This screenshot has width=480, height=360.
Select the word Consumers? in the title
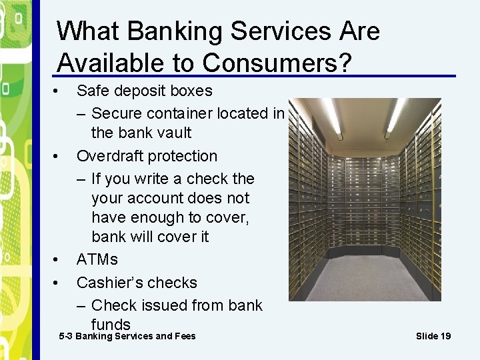pyautogui.click(x=277, y=63)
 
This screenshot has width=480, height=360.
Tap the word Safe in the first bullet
pyautogui.click(x=91, y=91)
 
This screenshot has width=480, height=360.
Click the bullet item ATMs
pyautogui.click(x=97, y=259)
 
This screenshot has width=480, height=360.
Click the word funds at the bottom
pyautogui.click(x=111, y=324)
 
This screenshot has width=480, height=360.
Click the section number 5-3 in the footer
pyautogui.click(x=66, y=336)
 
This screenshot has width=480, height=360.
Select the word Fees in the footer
pyautogui.click(x=185, y=336)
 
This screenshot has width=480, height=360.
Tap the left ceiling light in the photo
pyautogui.click(x=333, y=117)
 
